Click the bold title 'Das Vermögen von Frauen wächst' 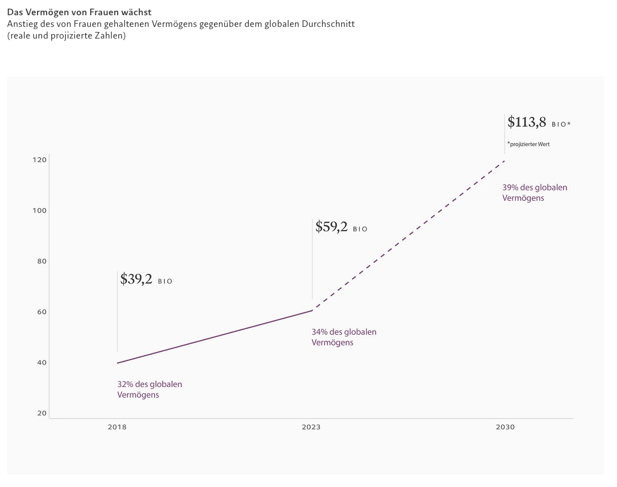(x=79, y=12)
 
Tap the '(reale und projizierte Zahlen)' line (x=66, y=36)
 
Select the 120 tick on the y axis (x=40, y=160)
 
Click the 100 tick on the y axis (x=40, y=211)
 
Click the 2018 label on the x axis (x=117, y=427)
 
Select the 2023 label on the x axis (x=311, y=427)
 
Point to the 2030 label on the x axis (x=505, y=427)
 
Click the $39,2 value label (x=136, y=280)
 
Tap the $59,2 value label (x=332, y=227)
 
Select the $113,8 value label (x=527, y=122)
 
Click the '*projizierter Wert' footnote (x=529, y=145)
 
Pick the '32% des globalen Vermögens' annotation (x=150, y=390)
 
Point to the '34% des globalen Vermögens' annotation (x=344, y=337)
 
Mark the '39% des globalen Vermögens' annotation (x=534, y=193)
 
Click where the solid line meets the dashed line (x=312, y=310)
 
